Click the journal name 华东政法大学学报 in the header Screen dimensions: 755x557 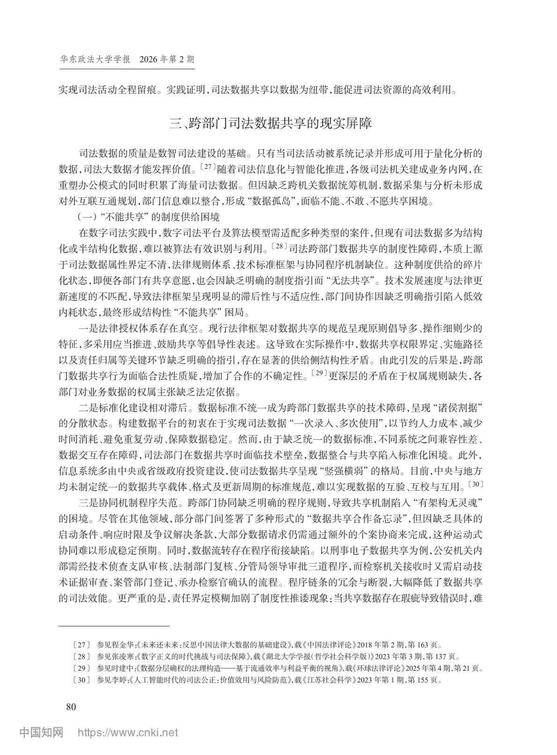(x=94, y=60)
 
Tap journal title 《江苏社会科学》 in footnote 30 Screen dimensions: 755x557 (x=330, y=681)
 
